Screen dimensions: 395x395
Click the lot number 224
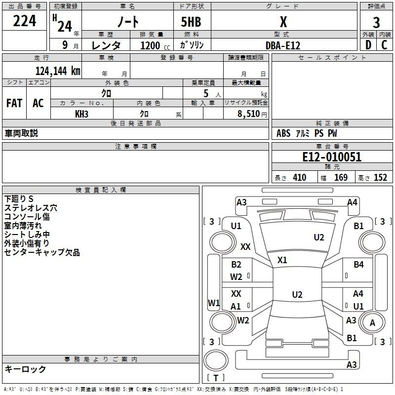25,21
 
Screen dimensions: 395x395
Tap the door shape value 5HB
187,22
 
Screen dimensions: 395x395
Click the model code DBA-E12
282,45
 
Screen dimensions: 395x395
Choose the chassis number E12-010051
332,157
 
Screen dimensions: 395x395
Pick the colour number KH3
81,114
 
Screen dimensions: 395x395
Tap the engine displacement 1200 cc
153,45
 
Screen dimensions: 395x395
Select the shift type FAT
14,103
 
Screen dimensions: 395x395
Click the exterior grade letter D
368,45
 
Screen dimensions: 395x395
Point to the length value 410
299,178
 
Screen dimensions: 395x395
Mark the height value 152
380,178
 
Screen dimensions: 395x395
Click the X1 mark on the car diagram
282,260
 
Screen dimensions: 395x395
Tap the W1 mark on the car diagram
214,303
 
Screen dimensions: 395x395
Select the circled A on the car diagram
373,323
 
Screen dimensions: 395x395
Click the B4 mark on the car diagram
358,265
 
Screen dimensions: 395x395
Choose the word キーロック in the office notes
25,369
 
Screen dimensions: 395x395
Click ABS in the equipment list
283,133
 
